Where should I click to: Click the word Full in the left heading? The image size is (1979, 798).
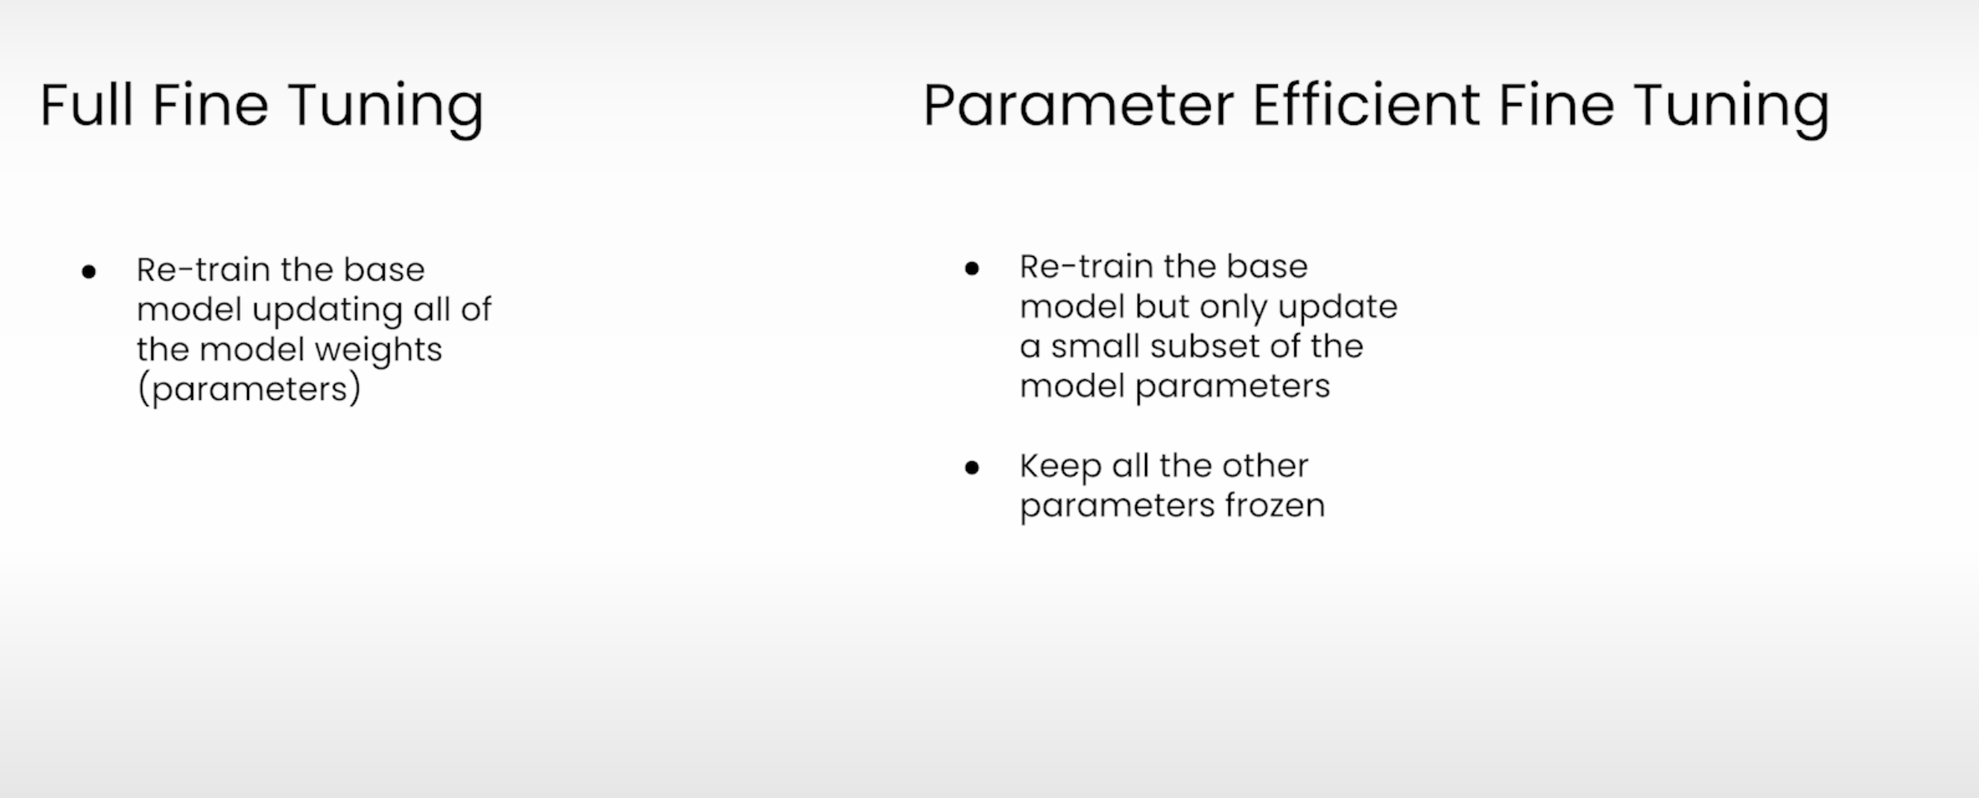coord(86,104)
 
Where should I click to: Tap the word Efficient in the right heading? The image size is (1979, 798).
coord(1366,104)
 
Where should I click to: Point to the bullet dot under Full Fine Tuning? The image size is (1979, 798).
coord(88,273)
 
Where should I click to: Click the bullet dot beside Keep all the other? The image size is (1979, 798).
coord(972,469)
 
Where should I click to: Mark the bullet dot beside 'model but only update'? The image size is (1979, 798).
coord(972,269)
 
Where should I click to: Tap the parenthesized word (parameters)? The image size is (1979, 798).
coord(249,390)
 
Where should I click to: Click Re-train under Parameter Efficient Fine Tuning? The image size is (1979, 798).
coord(1087,267)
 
